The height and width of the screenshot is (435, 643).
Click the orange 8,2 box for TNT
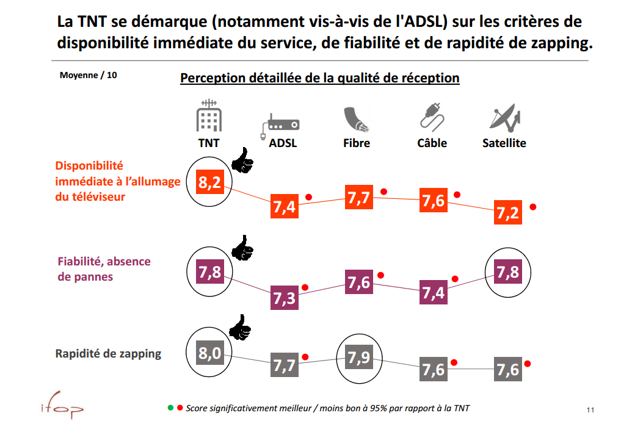click(209, 182)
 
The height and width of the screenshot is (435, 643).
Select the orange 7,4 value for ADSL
click(285, 206)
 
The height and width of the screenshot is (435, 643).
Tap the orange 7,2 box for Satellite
click(507, 212)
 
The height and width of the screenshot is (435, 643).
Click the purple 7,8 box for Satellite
click(507, 272)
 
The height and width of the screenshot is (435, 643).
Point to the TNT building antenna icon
click(208, 117)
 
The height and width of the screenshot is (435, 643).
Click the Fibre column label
click(357, 143)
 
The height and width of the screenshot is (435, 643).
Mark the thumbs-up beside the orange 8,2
click(242, 161)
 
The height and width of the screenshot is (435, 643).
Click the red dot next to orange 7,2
click(533, 207)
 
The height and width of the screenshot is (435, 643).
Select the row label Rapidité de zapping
click(108, 353)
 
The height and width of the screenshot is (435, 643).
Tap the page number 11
click(590, 409)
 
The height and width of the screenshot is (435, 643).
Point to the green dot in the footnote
click(170, 408)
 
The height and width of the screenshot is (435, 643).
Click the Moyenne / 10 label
click(89, 75)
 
